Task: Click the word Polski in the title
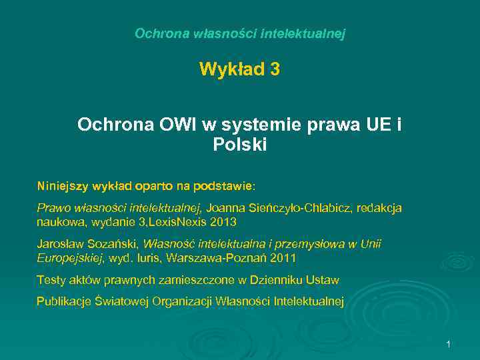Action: tap(240, 144)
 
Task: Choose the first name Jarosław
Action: tap(59, 245)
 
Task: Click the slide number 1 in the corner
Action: tap(449, 344)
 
